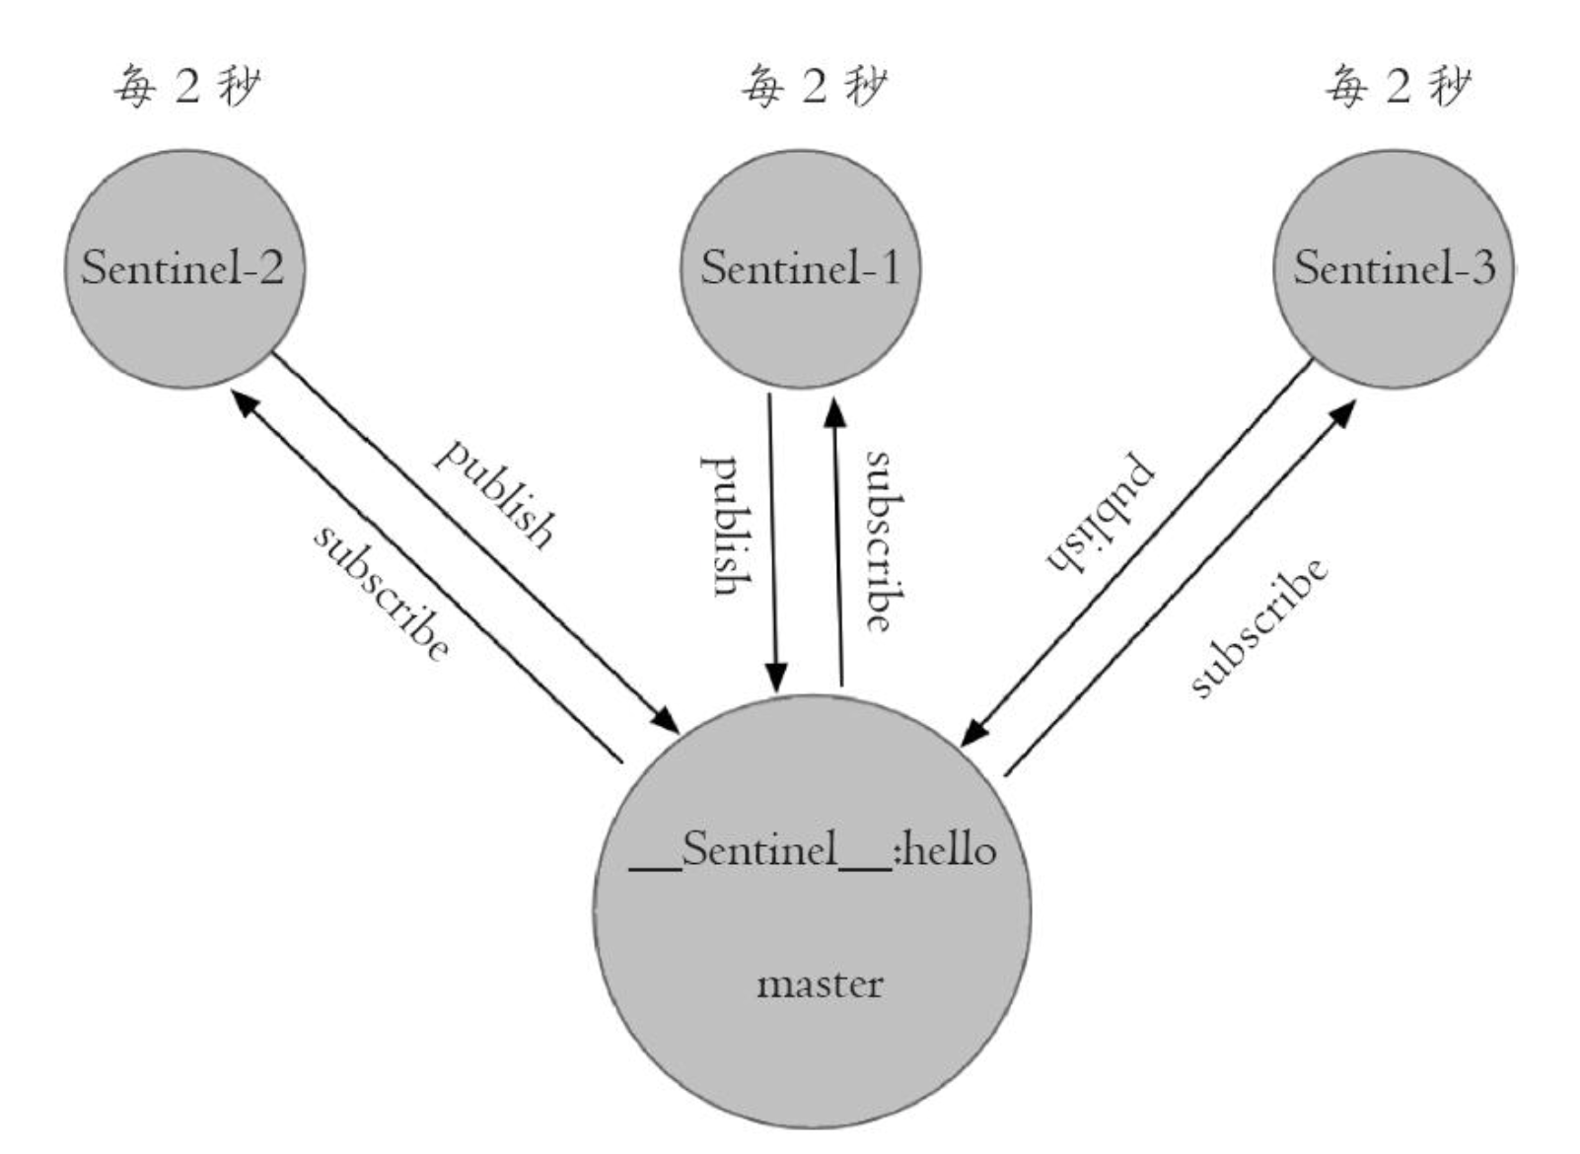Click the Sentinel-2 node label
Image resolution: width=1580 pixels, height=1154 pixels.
pos(182,268)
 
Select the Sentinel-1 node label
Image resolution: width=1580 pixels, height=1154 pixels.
pos(801,268)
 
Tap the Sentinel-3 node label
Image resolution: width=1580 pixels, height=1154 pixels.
pos(1395,268)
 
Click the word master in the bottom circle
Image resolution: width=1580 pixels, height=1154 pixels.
pos(820,984)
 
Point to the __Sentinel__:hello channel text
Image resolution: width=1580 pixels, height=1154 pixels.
pos(813,851)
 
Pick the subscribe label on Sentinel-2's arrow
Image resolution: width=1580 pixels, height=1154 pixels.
pos(382,594)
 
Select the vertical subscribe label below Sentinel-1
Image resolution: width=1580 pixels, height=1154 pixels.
pos(886,541)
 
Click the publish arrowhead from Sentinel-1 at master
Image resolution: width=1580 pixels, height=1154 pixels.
pos(776,679)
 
